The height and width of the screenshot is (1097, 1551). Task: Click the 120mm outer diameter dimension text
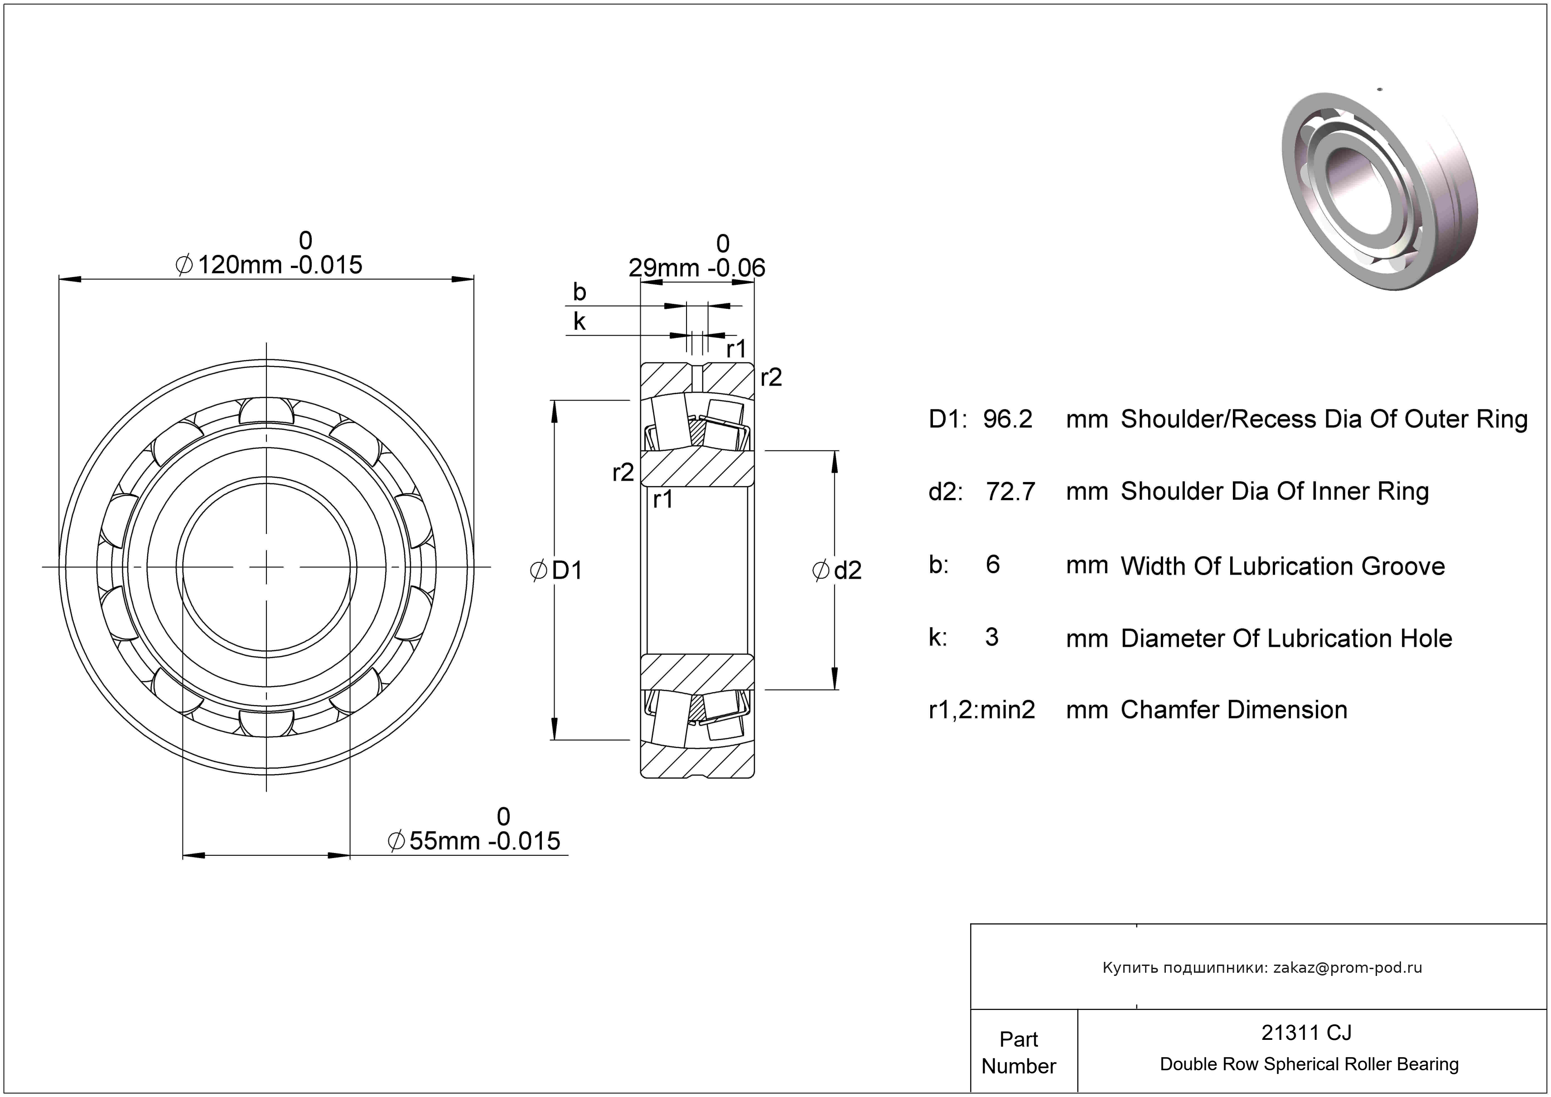(x=269, y=264)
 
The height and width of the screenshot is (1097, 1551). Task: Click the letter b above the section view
(x=579, y=292)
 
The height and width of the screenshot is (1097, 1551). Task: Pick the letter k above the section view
(x=579, y=322)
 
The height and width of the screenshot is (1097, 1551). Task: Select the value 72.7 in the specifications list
(x=1010, y=492)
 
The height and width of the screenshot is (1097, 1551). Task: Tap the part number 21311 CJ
(x=1306, y=1032)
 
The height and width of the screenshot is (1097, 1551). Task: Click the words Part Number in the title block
(x=1018, y=1053)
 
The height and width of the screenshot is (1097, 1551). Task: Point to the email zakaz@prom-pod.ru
(x=1347, y=967)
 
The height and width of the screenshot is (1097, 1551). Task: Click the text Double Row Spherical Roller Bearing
(x=1309, y=1064)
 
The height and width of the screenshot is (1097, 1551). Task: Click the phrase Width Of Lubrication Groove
(x=1282, y=566)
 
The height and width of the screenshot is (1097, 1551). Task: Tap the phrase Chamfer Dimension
(x=1233, y=710)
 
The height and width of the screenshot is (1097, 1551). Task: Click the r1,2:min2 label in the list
(x=981, y=710)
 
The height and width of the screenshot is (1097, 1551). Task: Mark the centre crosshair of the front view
(x=267, y=567)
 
